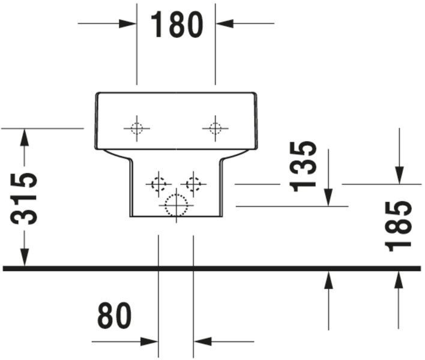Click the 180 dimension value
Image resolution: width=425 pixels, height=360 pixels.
tap(176, 25)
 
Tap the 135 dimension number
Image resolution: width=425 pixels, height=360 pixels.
tap(303, 166)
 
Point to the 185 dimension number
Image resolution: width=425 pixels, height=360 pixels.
tap(398, 226)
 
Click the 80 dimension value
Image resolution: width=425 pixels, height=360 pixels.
tap(115, 316)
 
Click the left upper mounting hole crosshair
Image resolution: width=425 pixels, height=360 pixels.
tap(137, 128)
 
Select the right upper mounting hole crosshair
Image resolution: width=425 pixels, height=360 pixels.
tap(216, 128)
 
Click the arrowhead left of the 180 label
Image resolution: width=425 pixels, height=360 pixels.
tap(127, 23)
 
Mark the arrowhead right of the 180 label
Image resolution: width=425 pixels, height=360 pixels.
tap(225, 23)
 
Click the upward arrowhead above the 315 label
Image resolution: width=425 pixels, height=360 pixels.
tap(25, 137)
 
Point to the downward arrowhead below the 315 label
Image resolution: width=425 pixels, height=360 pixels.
tap(25, 257)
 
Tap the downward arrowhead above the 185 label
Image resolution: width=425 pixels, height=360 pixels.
tap(399, 175)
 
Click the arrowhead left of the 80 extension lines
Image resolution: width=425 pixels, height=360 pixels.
tap(149, 341)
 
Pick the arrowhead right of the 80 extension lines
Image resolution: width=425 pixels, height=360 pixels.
tap(203, 341)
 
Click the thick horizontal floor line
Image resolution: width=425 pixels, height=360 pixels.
tap(212, 268)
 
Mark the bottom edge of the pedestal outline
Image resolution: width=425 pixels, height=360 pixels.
tap(176, 217)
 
